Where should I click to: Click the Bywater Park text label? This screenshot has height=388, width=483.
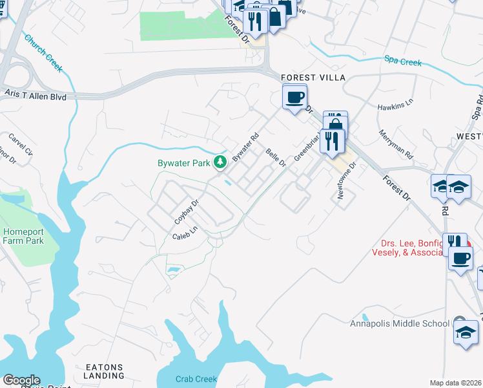[183, 164]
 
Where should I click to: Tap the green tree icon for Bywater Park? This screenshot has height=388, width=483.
[221, 162]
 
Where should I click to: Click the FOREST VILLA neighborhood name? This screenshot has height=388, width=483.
[314, 78]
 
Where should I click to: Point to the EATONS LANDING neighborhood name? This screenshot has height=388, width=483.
[104, 371]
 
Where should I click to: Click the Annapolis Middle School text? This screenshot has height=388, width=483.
[399, 323]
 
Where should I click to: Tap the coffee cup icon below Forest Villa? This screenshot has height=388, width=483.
[294, 98]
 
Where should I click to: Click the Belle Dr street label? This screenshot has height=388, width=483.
[276, 157]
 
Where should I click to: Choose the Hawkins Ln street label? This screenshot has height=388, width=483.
[395, 104]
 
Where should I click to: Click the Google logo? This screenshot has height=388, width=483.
[21, 380]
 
